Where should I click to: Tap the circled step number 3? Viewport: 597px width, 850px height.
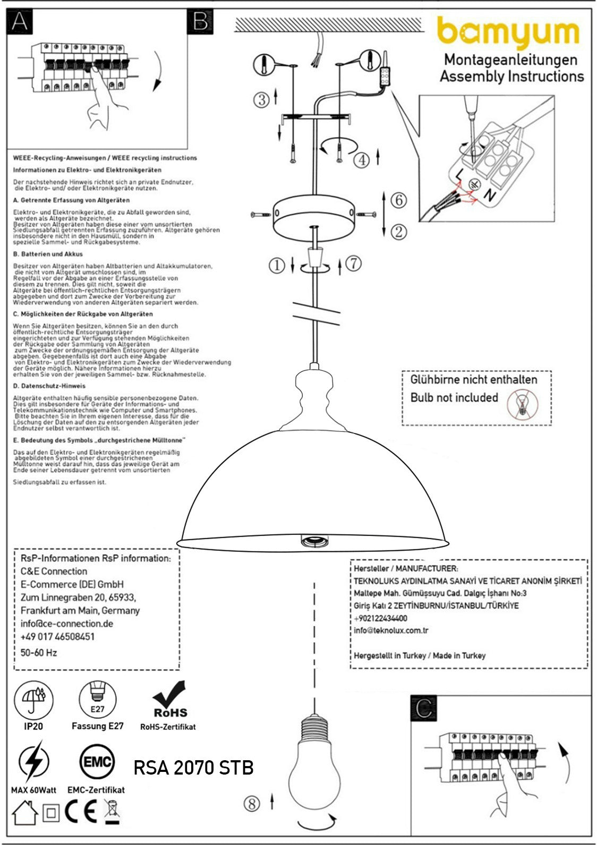pyautogui.click(x=261, y=99)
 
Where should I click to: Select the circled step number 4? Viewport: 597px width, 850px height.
pyautogui.click(x=362, y=159)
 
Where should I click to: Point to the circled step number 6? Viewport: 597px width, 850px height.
pyautogui.click(x=398, y=200)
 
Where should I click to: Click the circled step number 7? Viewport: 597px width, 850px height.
pyautogui.click(x=354, y=263)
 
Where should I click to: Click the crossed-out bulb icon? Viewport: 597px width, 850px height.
pyautogui.click(x=523, y=404)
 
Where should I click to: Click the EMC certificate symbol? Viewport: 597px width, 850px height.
pyautogui.click(x=96, y=762)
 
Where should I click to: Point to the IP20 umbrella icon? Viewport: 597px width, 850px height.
pyautogui.click(x=33, y=699)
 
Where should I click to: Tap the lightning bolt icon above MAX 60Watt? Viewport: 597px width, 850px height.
pyautogui.click(x=33, y=763)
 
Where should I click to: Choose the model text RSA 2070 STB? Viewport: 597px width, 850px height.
pyautogui.click(x=193, y=767)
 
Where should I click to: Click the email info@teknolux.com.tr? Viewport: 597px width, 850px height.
pyautogui.click(x=391, y=631)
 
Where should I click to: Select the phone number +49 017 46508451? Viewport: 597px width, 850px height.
pyautogui.click(x=57, y=636)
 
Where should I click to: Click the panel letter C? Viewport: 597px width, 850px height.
pyautogui.click(x=424, y=709)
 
